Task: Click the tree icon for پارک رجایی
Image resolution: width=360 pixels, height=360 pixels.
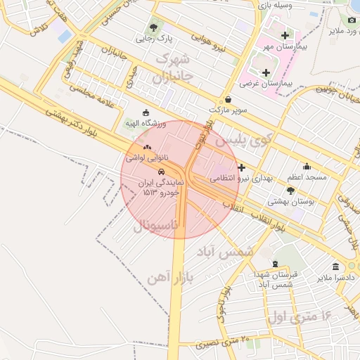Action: (154, 27)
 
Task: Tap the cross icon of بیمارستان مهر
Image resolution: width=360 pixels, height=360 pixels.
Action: (284, 35)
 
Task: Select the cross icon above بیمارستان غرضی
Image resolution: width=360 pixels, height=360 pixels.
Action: (266, 72)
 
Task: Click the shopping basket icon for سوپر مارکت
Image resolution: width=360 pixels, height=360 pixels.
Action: (229, 100)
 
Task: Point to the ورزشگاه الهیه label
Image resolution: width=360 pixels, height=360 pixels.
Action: (145, 124)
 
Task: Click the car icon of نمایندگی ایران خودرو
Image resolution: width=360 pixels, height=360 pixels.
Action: (161, 172)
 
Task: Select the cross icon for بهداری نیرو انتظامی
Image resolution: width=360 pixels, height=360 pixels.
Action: (241, 167)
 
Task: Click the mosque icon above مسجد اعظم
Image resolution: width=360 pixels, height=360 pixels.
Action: (307, 167)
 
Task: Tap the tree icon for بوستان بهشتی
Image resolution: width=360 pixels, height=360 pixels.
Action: (290, 190)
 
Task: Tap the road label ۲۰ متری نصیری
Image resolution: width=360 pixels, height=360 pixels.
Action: (225, 342)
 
